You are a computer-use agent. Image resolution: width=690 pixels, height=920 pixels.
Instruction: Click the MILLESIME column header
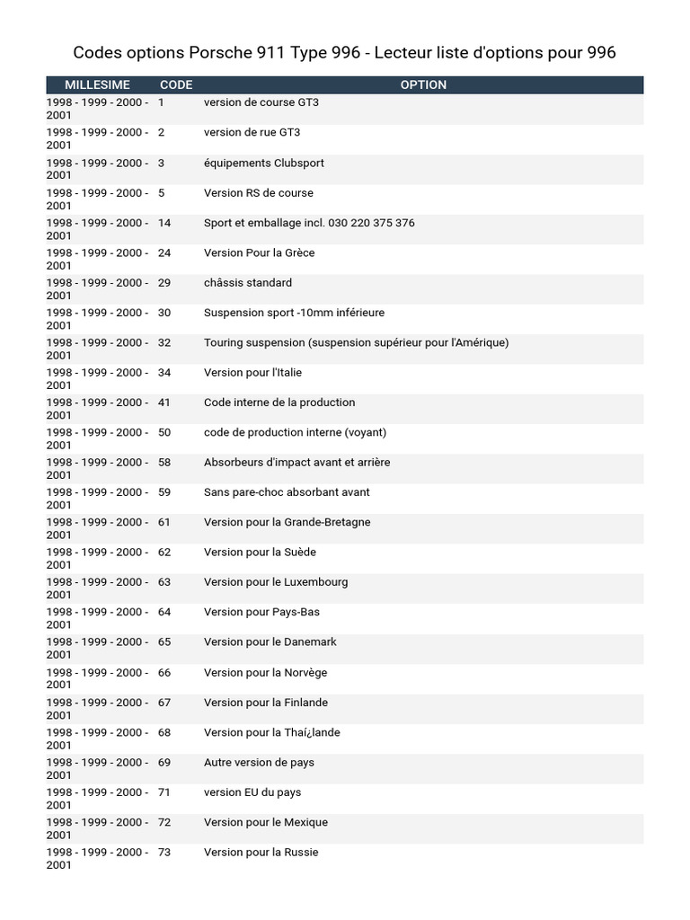[97, 84]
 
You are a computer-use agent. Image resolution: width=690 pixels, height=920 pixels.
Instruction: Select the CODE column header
[176, 84]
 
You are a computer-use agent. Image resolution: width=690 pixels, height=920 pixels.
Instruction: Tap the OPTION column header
[423, 84]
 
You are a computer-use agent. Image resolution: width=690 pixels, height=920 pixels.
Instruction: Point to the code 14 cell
[164, 223]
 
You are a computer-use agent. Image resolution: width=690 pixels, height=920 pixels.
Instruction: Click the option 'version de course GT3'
[261, 102]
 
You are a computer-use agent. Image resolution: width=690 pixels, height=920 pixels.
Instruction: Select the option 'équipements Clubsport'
[264, 163]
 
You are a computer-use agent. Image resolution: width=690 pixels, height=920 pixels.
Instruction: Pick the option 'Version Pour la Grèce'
[260, 252]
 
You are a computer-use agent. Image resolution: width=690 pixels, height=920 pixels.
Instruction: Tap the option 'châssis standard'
[248, 282]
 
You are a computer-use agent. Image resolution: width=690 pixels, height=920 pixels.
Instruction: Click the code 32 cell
[164, 342]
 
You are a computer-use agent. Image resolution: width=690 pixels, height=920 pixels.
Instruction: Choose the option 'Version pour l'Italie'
[253, 372]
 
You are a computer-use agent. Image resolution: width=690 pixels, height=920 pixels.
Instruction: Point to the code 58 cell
[164, 462]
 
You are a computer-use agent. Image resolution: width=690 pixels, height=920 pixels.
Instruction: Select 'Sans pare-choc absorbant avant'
[287, 492]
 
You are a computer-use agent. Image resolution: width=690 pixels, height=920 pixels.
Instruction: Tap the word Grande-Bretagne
[327, 522]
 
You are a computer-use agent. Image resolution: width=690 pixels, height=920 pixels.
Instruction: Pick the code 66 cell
[164, 672]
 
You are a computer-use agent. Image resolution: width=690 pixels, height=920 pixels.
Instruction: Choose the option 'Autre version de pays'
[260, 762]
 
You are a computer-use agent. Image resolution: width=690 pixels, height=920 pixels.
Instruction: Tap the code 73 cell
[164, 852]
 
